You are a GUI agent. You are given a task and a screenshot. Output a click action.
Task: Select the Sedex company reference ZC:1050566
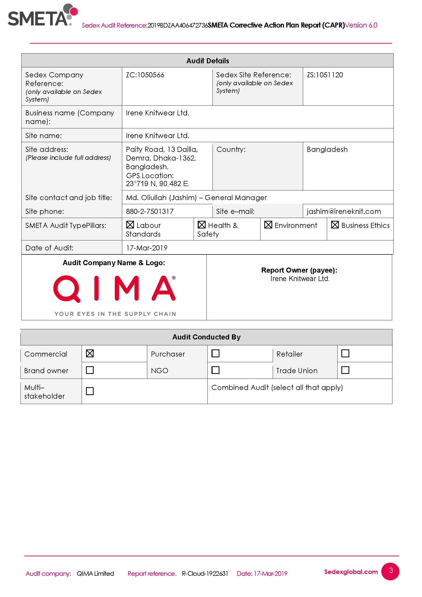click(x=145, y=75)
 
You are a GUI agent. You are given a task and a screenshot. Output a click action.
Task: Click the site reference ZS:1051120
click(x=325, y=75)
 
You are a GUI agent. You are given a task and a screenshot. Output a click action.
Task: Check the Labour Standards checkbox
click(x=130, y=225)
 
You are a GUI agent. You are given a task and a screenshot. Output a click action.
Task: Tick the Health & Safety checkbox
click(x=201, y=225)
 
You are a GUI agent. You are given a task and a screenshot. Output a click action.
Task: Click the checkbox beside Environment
click(x=268, y=225)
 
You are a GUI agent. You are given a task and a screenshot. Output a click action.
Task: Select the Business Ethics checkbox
click(x=335, y=225)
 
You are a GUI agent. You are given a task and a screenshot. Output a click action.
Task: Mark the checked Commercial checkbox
click(x=90, y=353)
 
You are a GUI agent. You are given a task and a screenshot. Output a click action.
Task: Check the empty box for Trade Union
click(x=345, y=370)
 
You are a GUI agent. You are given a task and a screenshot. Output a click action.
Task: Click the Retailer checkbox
click(x=345, y=353)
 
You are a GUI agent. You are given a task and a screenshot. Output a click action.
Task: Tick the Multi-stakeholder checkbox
click(x=90, y=391)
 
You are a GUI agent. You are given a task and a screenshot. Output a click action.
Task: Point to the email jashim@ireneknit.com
click(x=343, y=211)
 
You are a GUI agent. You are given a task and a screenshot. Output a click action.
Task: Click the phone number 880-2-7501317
click(x=150, y=211)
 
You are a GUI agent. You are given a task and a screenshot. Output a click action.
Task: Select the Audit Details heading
click(x=208, y=61)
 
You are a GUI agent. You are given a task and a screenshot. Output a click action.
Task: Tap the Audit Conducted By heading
click(x=206, y=337)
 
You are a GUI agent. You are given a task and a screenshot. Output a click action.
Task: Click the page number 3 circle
click(x=390, y=571)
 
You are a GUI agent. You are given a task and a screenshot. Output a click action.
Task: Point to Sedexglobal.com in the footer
click(x=351, y=571)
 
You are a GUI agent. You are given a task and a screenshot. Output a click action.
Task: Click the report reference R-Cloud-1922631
click(x=205, y=574)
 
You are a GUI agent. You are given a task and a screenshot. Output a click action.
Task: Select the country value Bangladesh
click(x=327, y=150)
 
